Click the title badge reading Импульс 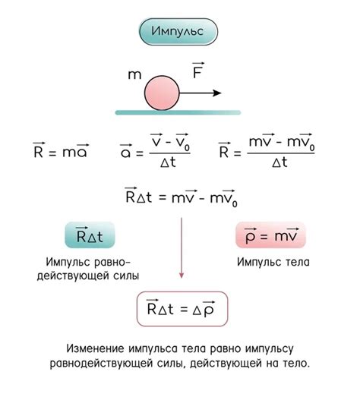click(178, 32)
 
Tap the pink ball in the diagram click(162, 93)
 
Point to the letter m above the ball click(134, 74)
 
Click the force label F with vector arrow click(198, 70)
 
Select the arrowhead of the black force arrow click(217, 93)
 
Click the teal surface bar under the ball click(178, 112)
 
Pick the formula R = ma click(61, 150)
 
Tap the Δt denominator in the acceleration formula click(169, 162)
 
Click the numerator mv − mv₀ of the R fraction click(282, 142)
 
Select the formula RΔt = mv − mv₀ click(182, 197)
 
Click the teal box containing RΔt click(90, 235)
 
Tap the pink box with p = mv click(270, 235)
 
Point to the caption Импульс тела click(273, 263)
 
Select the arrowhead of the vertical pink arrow click(182, 276)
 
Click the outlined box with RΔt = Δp click(182, 309)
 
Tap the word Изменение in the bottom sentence click(95, 348)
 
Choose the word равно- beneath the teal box click(112, 263)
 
